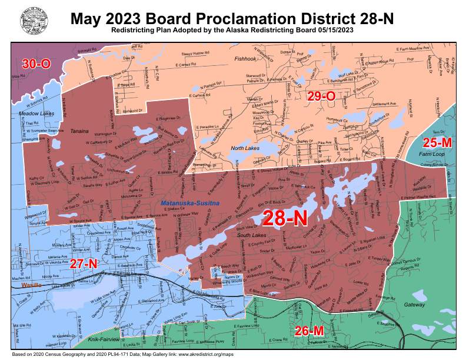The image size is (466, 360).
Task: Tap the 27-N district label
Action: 84,264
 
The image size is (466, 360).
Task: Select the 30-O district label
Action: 36,64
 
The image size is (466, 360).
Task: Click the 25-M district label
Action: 438,143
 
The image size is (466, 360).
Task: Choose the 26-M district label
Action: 309,331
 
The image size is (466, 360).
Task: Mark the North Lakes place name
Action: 245,148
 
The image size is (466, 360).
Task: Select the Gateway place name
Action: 415,305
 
